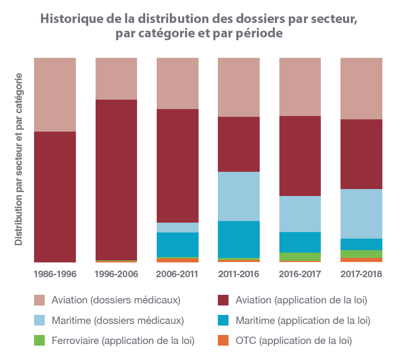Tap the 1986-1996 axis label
coord(55,274)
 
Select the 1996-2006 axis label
coord(116,274)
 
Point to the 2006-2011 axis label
coord(177,274)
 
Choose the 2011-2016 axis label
coord(238,274)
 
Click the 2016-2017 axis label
coord(300,274)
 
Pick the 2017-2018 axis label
coord(361,274)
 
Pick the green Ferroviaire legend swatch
coord(39,340)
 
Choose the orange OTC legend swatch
coord(223,340)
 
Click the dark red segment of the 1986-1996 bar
coord(55,197)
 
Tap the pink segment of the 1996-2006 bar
coord(116,78)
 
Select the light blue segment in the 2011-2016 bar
coord(238,196)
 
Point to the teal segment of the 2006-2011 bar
coord(177,244)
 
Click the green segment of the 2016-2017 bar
coord(300,256)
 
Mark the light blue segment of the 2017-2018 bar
coord(361,214)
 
